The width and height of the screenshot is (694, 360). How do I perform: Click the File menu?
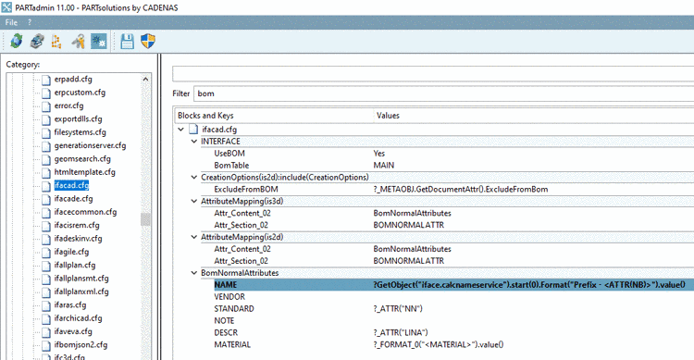[11, 21]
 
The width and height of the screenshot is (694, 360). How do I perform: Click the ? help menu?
[29, 21]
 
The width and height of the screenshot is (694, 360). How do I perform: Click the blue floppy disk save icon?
[127, 41]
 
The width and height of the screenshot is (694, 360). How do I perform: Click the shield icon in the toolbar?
[147, 41]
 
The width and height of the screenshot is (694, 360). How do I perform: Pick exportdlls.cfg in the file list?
[80, 119]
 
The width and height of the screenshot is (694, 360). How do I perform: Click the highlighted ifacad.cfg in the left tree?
[71, 186]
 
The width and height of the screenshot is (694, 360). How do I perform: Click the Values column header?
[388, 116]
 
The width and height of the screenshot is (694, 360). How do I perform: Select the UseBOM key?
[229, 153]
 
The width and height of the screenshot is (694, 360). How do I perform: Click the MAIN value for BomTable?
[384, 165]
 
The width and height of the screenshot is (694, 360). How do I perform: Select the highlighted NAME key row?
[226, 284]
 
